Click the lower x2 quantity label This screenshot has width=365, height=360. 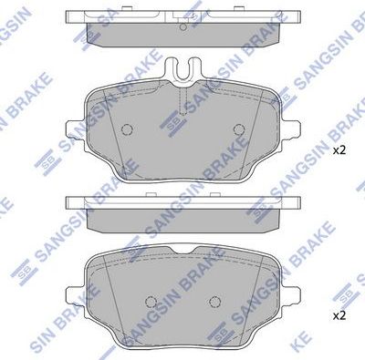coord(338,315)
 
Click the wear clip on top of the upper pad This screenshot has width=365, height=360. coord(182,68)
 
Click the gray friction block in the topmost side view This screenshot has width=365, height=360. coord(182,32)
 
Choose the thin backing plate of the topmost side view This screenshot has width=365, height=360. coord(182,17)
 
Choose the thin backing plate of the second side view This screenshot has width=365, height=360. coord(182,199)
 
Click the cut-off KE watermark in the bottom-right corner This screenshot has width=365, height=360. coord(350,347)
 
